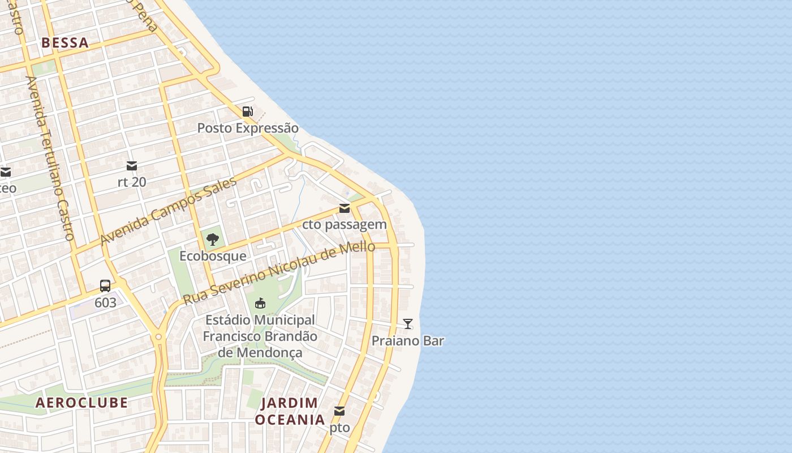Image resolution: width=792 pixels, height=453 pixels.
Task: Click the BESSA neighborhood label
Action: (x=65, y=42)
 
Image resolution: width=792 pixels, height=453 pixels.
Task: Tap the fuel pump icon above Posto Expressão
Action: (x=247, y=111)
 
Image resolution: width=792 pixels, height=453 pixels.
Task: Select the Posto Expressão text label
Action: (x=248, y=128)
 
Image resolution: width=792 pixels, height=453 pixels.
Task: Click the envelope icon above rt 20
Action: (x=132, y=166)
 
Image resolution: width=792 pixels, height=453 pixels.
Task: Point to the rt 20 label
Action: (x=132, y=182)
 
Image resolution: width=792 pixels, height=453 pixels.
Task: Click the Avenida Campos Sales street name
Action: (x=168, y=211)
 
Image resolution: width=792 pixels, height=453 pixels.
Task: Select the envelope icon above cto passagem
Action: (x=345, y=208)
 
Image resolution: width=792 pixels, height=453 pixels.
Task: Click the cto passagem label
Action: (x=345, y=224)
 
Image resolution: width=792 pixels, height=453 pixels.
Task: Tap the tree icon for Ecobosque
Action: (x=213, y=240)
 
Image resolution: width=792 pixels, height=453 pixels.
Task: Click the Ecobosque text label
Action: (x=213, y=256)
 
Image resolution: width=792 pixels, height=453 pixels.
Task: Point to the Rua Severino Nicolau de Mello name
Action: (x=279, y=273)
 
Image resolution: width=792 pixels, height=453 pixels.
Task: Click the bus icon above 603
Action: (x=105, y=286)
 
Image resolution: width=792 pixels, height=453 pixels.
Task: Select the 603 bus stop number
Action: (x=105, y=302)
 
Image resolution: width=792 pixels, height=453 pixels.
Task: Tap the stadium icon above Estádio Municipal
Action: (x=260, y=304)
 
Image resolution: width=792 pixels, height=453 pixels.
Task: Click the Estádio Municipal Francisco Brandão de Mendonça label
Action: (x=260, y=336)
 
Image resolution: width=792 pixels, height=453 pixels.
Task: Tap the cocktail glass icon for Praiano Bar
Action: (x=408, y=324)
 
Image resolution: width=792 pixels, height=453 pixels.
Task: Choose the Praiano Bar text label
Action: (x=408, y=341)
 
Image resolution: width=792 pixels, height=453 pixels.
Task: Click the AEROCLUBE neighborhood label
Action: (x=81, y=403)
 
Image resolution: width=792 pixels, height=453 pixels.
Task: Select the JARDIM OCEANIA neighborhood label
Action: (x=290, y=411)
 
